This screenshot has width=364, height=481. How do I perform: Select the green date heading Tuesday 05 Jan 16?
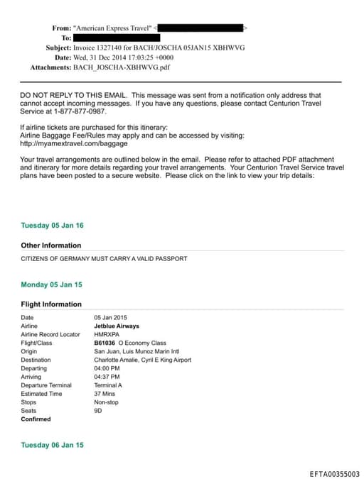point(52,226)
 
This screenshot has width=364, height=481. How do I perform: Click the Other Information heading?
point(51,245)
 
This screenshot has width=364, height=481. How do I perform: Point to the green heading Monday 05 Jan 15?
point(51,284)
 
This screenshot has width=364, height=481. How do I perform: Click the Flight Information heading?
point(51,304)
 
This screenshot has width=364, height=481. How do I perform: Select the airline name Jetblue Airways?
point(117,326)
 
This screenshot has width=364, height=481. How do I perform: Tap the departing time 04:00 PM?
point(107,368)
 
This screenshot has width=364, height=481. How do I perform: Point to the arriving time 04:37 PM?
point(107,377)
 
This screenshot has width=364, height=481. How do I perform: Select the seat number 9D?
point(98,411)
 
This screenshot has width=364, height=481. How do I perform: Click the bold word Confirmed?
point(36,419)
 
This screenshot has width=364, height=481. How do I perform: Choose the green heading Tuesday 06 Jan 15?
point(52,445)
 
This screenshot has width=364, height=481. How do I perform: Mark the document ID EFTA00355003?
point(334,474)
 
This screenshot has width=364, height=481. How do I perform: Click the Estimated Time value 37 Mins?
point(106,394)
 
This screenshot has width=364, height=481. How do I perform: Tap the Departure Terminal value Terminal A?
point(108,385)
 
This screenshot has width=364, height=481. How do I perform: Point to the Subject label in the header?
point(58,48)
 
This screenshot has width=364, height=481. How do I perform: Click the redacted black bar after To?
point(117,38)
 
